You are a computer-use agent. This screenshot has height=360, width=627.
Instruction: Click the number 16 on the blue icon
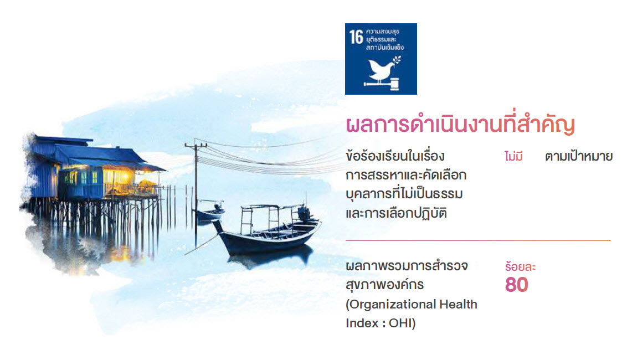pos(356,37)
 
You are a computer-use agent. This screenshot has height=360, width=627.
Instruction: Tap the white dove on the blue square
pos(381,69)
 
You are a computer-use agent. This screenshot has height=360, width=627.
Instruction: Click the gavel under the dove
pos(382,83)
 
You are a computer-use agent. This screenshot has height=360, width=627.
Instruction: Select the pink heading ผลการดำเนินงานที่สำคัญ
pos(460,125)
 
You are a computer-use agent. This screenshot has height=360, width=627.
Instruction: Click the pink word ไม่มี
pos(513,156)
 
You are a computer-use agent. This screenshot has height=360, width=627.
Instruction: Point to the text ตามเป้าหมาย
pos(579,156)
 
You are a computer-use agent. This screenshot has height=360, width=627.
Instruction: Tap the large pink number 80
pos(517,285)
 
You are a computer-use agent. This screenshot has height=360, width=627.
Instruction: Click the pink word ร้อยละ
pos(520,267)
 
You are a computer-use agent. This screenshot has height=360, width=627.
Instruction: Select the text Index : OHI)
pos(381,323)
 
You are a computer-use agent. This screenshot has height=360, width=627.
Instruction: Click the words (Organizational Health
pos(412,305)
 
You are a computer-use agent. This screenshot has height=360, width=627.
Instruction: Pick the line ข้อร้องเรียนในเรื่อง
pos(395,156)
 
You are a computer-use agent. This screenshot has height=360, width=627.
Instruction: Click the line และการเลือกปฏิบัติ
pos(396,213)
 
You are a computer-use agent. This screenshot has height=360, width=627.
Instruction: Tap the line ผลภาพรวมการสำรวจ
pos(407,266)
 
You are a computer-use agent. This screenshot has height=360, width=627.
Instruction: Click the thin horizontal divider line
pos(478,240)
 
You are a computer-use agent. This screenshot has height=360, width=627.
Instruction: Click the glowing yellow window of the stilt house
pos(117,176)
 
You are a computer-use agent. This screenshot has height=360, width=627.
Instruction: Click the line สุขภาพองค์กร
pos(385,285)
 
